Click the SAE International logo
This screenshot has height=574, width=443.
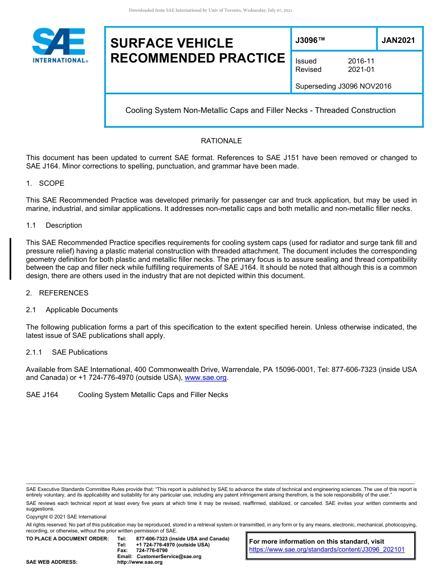coord(59,46)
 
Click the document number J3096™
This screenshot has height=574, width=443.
coord(310,41)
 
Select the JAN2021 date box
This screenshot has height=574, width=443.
coord(398,41)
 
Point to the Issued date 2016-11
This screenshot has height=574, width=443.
coord(361,61)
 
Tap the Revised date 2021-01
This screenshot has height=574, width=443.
coord(361,70)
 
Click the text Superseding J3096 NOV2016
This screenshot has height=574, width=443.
coord(343,86)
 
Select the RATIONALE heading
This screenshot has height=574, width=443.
coord(221,141)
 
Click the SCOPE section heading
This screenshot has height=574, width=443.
coord(51,183)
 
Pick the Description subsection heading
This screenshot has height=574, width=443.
coord(63,225)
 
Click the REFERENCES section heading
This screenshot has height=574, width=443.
coord(63,293)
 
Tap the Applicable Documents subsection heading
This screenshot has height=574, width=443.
coord(82,310)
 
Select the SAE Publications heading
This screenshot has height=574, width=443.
coord(79,352)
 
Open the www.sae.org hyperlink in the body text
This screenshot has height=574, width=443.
coord(205,378)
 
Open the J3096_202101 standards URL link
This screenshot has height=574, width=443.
coord(327,550)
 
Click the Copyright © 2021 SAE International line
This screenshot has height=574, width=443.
coord(66,517)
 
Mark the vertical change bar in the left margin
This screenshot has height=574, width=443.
coord(10,259)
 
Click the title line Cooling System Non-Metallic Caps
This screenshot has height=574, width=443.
coord(260,111)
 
